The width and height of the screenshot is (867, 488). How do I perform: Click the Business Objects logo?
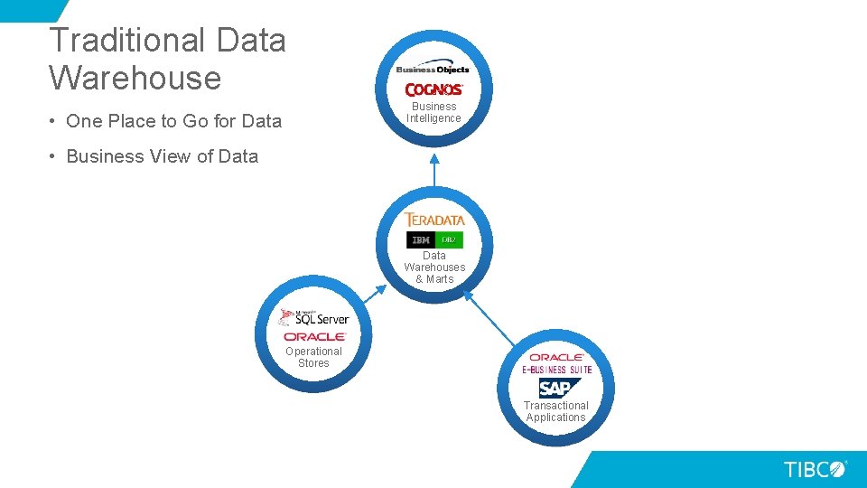(433, 69)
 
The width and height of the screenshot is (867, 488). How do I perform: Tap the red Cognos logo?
(434, 89)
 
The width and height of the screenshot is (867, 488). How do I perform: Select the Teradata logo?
(434, 220)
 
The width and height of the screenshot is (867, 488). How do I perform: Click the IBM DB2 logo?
(434, 239)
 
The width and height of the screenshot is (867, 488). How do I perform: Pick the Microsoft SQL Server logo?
(313, 317)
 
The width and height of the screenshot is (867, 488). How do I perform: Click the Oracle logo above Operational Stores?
(313, 336)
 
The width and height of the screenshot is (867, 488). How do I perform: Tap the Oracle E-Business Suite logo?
(556, 363)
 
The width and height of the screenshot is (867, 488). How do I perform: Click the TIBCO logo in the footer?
(815, 469)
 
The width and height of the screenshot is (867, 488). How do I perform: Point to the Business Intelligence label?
(433, 112)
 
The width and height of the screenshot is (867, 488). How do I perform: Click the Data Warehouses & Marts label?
(434, 267)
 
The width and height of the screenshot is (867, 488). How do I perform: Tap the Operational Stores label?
(313, 357)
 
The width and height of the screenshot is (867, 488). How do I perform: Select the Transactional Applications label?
(556, 411)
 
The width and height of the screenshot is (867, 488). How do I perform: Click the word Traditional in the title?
(115, 41)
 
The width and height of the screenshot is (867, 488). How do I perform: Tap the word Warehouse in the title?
(135, 78)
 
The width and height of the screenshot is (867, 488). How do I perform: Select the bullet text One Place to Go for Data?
(173, 121)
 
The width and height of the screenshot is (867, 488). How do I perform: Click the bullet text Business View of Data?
(162, 156)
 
